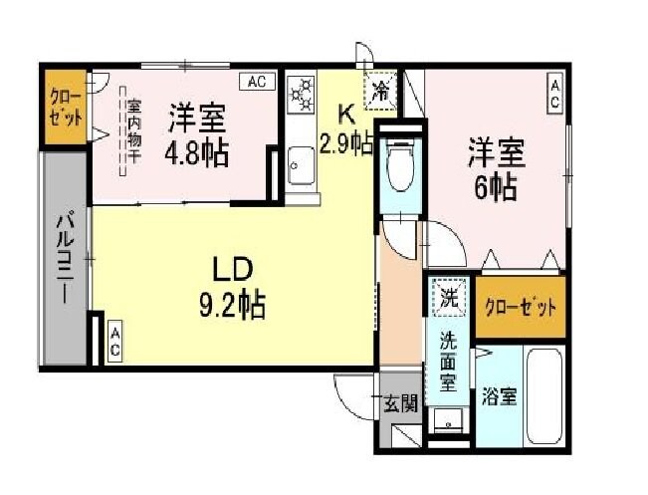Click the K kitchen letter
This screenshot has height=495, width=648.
(x=344, y=113)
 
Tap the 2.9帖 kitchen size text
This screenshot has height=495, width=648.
(x=345, y=142)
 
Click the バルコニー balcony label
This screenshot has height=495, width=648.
(x=62, y=259)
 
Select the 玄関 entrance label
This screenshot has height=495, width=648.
(x=402, y=403)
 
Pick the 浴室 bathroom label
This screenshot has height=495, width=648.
(x=499, y=394)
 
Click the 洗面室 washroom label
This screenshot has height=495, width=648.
(x=448, y=357)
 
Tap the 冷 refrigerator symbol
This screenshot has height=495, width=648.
(x=381, y=91)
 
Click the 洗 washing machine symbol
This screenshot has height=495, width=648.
(x=449, y=296)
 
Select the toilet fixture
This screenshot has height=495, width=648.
(x=400, y=165)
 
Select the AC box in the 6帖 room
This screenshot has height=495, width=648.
(x=554, y=96)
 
